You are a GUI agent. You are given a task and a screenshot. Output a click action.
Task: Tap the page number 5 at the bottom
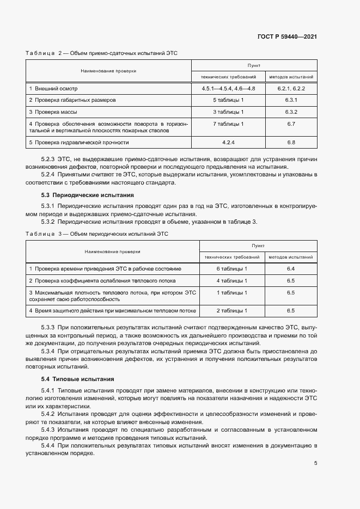point(316,463)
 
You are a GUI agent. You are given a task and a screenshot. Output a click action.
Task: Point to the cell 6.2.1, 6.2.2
point(290,88)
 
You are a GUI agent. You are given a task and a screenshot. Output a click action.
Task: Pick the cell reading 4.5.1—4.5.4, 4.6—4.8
point(228,88)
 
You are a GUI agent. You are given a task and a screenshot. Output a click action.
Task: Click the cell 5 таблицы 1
point(228,100)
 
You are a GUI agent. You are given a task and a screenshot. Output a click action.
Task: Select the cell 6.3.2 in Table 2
point(290,112)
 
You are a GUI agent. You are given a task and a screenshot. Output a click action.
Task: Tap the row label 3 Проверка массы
point(53,112)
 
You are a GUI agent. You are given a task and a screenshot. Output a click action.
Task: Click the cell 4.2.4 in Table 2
point(228,143)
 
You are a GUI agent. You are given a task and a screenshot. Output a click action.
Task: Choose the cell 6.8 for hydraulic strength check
point(290,143)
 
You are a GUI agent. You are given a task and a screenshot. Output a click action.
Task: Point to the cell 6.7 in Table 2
point(290,124)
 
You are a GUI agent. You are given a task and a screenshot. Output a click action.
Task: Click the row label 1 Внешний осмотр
point(53,88)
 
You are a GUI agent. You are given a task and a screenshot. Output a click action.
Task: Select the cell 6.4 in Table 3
point(290,269)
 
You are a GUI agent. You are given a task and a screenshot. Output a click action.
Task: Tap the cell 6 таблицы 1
point(232,269)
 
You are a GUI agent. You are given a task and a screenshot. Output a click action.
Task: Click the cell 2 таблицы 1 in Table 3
point(232,310)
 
